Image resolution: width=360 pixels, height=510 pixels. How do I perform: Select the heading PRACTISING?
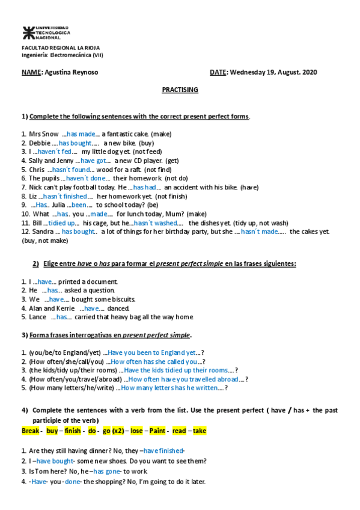pyautogui.click(x=180, y=90)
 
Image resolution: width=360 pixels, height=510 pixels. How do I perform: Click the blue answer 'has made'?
pyautogui.click(x=81, y=134)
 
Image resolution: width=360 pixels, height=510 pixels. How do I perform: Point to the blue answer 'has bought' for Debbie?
pyautogui.click(x=75, y=143)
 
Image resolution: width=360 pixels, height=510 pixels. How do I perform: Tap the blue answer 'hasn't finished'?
pyautogui.click(x=65, y=196)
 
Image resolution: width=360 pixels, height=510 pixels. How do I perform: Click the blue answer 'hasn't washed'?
pyautogui.click(x=155, y=223)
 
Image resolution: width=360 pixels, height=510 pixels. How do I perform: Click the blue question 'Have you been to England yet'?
pyautogui.click(x=152, y=352)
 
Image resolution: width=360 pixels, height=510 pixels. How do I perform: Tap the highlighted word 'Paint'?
pyautogui.click(x=157, y=431)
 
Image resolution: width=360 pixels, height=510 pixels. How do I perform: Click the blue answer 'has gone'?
pyautogui.click(x=107, y=472)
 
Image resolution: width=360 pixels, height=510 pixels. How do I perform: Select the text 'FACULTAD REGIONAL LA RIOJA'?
pyautogui.click(x=61, y=48)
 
